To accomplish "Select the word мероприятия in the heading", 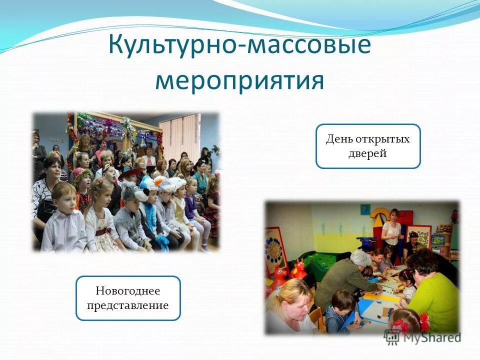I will (x=239, y=80).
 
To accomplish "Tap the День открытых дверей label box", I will (x=368, y=146).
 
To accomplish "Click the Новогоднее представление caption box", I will (x=128, y=298).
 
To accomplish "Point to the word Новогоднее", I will (x=128, y=290).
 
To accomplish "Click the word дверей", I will (x=368, y=153).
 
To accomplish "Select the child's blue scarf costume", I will (x=150, y=210).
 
